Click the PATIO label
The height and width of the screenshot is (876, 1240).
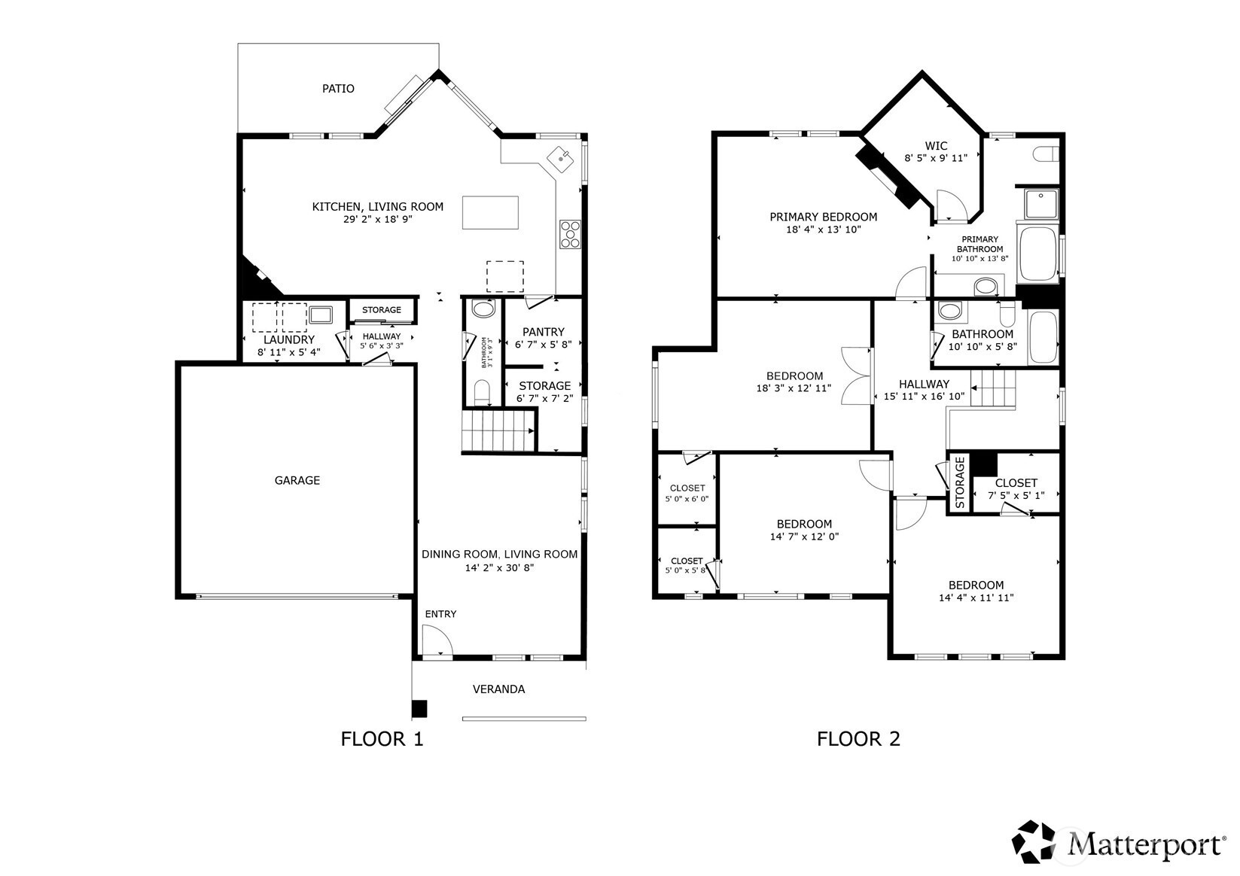(x=338, y=89)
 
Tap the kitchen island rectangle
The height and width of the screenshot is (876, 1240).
(x=490, y=212)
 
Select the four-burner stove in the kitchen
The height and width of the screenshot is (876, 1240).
(x=570, y=234)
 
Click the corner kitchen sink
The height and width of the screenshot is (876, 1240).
(x=561, y=160)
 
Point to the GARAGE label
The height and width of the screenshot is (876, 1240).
(x=297, y=480)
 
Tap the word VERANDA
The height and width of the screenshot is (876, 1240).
(x=498, y=689)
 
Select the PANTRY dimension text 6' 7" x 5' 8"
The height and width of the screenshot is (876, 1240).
(x=543, y=344)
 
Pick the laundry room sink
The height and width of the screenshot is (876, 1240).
(x=321, y=315)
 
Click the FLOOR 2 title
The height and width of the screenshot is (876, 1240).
(x=858, y=739)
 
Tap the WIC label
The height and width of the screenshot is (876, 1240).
(x=936, y=146)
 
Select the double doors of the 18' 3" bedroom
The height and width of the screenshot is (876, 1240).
(x=856, y=376)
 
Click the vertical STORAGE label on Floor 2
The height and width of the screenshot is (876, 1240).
(x=960, y=482)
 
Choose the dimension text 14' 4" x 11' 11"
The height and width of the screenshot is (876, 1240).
(x=976, y=598)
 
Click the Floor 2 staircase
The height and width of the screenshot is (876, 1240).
(x=994, y=389)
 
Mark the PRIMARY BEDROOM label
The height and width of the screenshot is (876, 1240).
(x=823, y=217)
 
